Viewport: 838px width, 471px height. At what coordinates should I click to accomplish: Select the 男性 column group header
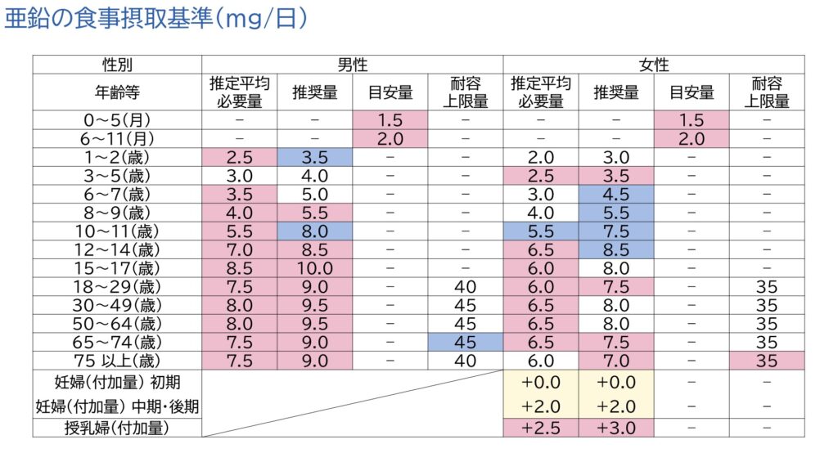[352, 65]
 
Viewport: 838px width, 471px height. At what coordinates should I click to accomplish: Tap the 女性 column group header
[653, 65]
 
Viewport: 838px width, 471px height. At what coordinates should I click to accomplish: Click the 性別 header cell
[117, 65]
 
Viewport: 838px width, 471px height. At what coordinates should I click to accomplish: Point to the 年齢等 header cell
[117, 92]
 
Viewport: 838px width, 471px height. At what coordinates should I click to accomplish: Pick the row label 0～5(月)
[117, 119]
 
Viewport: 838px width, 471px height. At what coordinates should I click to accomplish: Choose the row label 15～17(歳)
[117, 269]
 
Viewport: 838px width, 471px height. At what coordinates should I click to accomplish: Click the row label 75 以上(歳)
[117, 361]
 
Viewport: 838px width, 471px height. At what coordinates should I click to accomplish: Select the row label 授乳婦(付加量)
[117, 427]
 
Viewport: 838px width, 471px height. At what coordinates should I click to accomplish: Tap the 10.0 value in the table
[314, 269]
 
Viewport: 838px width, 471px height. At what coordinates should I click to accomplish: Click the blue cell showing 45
[465, 342]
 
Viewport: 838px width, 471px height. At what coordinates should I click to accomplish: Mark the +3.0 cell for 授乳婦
[615, 427]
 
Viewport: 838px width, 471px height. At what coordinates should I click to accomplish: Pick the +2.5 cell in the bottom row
[540, 427]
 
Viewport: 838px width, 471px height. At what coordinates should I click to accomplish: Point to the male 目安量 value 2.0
[390, 138]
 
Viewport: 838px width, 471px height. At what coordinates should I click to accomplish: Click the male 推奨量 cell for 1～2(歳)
[314, 157]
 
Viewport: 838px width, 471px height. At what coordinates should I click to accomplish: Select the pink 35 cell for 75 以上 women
[766, 361]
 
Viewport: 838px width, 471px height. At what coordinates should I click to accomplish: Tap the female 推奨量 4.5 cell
[615, 195]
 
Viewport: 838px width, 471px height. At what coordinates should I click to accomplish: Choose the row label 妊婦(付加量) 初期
[117, 380]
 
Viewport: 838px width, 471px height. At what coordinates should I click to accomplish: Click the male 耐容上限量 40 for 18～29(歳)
[465, 287]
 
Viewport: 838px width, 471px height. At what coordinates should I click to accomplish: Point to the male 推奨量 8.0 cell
[314, 231]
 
